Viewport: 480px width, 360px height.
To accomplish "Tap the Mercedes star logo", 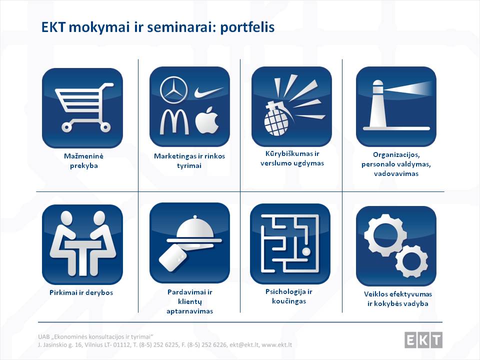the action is [174, 90].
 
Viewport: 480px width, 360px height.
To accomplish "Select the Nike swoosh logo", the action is [208, 92].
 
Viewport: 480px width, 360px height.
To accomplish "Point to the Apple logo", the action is [207, 120].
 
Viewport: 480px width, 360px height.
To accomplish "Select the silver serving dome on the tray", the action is [194, 228].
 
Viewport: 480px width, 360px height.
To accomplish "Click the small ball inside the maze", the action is [306, 252].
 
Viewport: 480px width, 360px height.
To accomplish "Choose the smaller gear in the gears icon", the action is [410, 261].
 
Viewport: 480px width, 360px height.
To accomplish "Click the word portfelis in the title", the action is [247, 27].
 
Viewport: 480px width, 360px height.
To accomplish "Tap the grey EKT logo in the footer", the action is [423, 340].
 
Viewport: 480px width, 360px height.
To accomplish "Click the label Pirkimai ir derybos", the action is [81, 292].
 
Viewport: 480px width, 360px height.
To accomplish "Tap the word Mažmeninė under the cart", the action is [83, 156].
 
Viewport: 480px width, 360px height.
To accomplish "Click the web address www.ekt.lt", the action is [276, 345].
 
